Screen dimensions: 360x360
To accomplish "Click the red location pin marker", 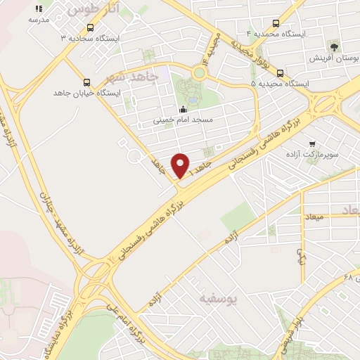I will click(x=181, y=165).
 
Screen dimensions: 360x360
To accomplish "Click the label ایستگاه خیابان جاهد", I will click(x=87, y=92).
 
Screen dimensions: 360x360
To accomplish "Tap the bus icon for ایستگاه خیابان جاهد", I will click(x=86, y=82).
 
